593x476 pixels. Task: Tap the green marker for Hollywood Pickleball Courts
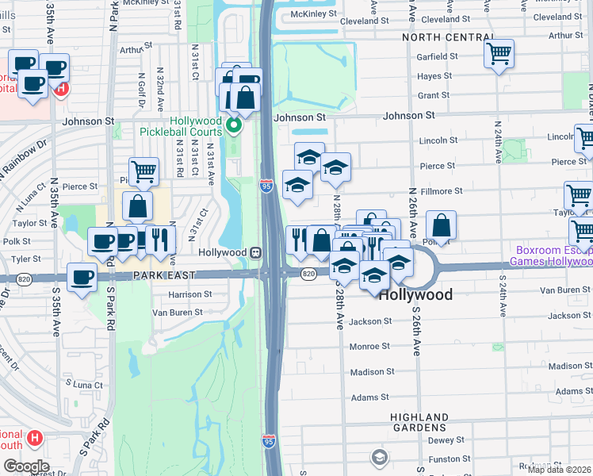[x=233, y=125]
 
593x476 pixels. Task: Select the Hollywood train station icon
[x=256, y=252]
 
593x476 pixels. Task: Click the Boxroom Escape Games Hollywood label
[x=550, y=254]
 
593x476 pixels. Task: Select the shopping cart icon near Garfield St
[x=499, y=54]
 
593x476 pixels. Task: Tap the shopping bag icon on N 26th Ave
[x=441, y=225]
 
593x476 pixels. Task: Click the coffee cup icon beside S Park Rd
[x=82, y=277]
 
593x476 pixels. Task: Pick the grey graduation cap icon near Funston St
[x=380, y=457]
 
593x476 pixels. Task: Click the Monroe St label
[x=369, y=347]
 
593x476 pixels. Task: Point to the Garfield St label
[x=438, y=56]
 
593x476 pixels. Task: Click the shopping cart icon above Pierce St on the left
[x=144, y=170]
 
